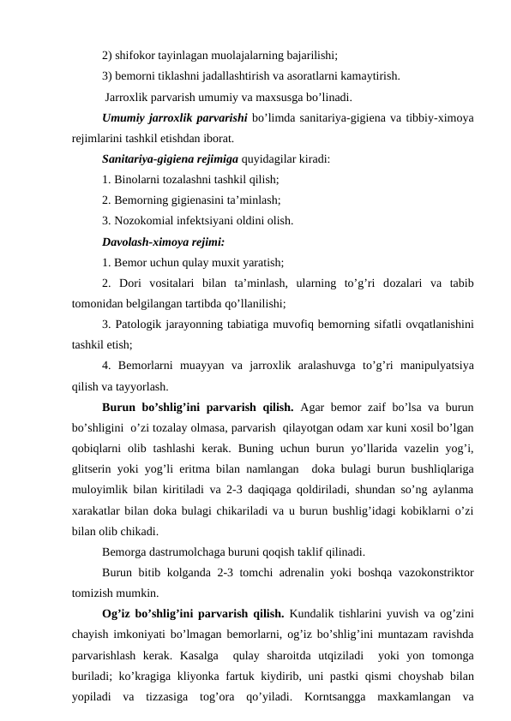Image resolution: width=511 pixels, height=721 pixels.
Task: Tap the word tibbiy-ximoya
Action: pyautogui.click(x=412, y=116)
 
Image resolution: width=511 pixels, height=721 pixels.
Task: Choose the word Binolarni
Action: pyautogui.click(x=139, y=179)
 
